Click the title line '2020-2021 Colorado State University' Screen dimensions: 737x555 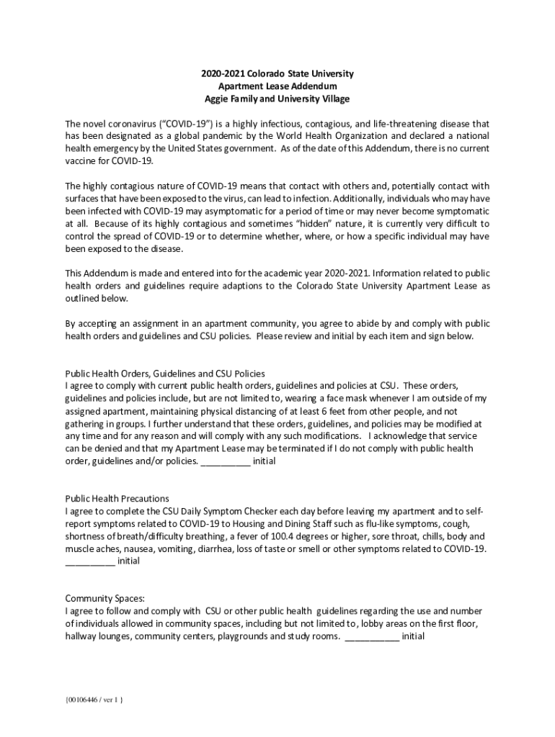277,74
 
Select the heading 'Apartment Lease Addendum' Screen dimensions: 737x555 277,86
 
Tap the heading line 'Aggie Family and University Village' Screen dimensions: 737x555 277,99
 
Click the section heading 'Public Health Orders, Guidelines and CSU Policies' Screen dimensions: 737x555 165,374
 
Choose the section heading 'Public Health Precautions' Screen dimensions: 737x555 117,498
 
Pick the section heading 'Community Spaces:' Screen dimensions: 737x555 105,598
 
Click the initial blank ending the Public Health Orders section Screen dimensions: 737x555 225,461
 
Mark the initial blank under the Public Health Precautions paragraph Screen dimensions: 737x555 90,561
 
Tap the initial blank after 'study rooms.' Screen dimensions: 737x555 372,637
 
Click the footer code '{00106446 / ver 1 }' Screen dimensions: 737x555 94,700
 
